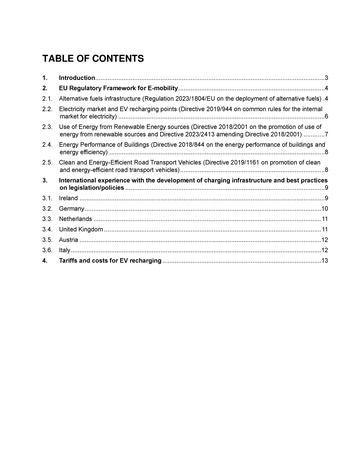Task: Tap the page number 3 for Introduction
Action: (326, 78)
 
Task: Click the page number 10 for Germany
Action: (324, 210)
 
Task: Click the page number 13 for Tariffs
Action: (324, 262)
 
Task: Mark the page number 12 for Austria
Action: (324, 241)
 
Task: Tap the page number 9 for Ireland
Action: (326, 199)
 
